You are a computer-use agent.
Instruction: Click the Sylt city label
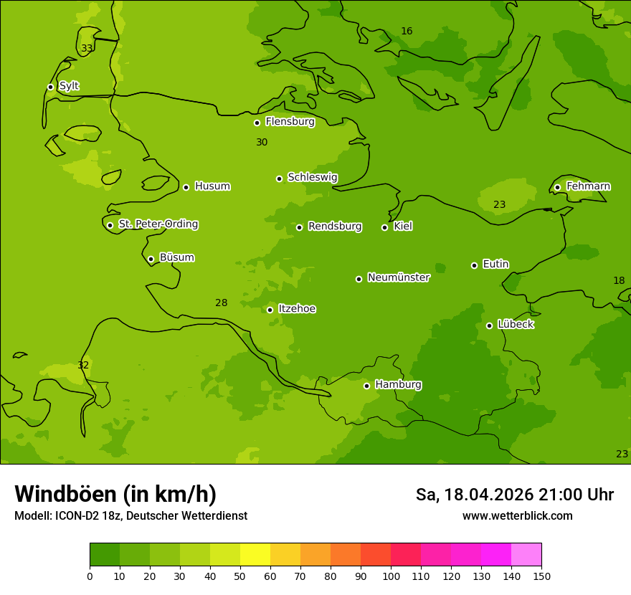[69, 86]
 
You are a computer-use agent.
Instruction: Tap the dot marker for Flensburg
[257, 123]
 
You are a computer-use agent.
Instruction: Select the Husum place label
[212, 186]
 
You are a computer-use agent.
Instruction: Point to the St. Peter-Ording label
[158, 224]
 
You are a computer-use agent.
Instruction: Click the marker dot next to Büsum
[151, 259]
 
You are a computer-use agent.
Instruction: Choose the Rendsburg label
[335, 227]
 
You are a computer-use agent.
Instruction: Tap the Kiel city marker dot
[384, 227]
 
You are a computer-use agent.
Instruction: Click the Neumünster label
[399, 277]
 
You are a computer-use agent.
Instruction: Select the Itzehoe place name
[297, 309]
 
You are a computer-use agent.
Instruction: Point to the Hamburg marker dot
[366, 386]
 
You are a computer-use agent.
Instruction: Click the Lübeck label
[516, 324]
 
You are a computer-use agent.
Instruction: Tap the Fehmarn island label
[588, 186]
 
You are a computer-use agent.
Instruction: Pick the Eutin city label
[495, 265]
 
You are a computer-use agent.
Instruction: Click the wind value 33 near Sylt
[87, 49]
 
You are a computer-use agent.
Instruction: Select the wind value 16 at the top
[407, 32]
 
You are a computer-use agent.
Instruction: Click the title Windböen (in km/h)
[115, 494]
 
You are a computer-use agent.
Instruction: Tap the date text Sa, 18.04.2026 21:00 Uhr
[514, 495]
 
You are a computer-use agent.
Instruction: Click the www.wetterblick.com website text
[517, 516]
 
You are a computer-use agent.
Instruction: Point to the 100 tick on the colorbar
[391, 576]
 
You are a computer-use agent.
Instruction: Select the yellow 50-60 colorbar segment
[255, 555]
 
